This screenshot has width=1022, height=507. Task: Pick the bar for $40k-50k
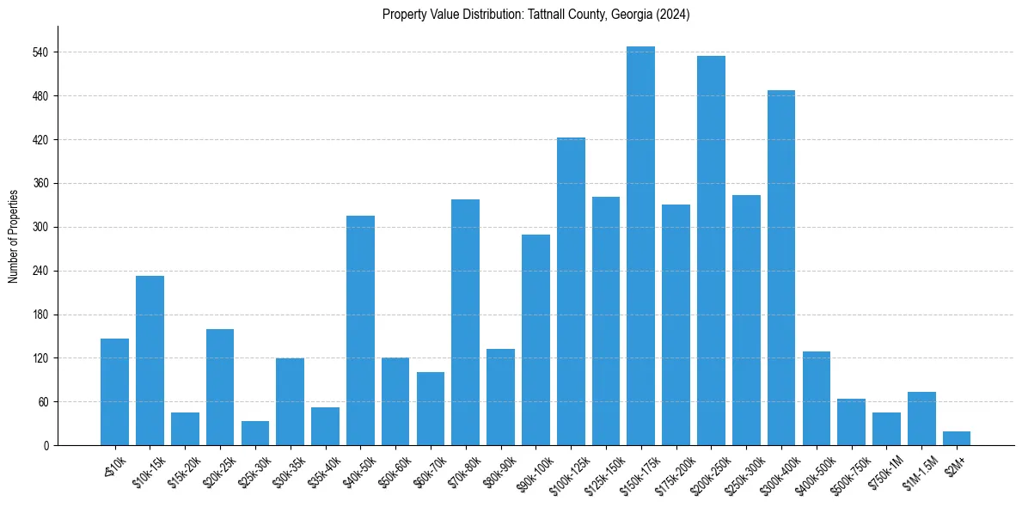point(360,331)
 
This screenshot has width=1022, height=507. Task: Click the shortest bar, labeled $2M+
point(956,438)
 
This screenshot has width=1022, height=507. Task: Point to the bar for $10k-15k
point(150,361)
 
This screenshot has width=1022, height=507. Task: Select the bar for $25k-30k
point(254,433)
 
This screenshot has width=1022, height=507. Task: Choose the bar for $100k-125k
point(571,291)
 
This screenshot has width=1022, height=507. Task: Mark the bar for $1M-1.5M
point(921,418)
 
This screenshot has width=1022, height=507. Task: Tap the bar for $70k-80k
point(465,322)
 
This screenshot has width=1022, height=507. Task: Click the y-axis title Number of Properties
point(13,236)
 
